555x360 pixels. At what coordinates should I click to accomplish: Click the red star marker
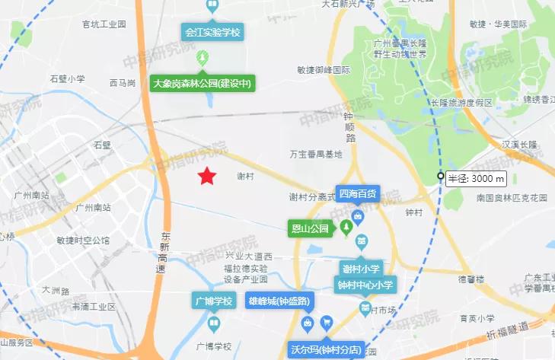coord(206,177)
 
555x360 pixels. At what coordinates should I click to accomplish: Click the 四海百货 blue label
coord(358,194)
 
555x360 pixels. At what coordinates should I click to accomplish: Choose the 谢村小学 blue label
coord(361,268)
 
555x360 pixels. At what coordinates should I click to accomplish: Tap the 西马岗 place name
coord(123,82)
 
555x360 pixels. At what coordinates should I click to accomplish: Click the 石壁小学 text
coord(67,78)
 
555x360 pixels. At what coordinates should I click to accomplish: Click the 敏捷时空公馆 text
coord(83,241)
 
